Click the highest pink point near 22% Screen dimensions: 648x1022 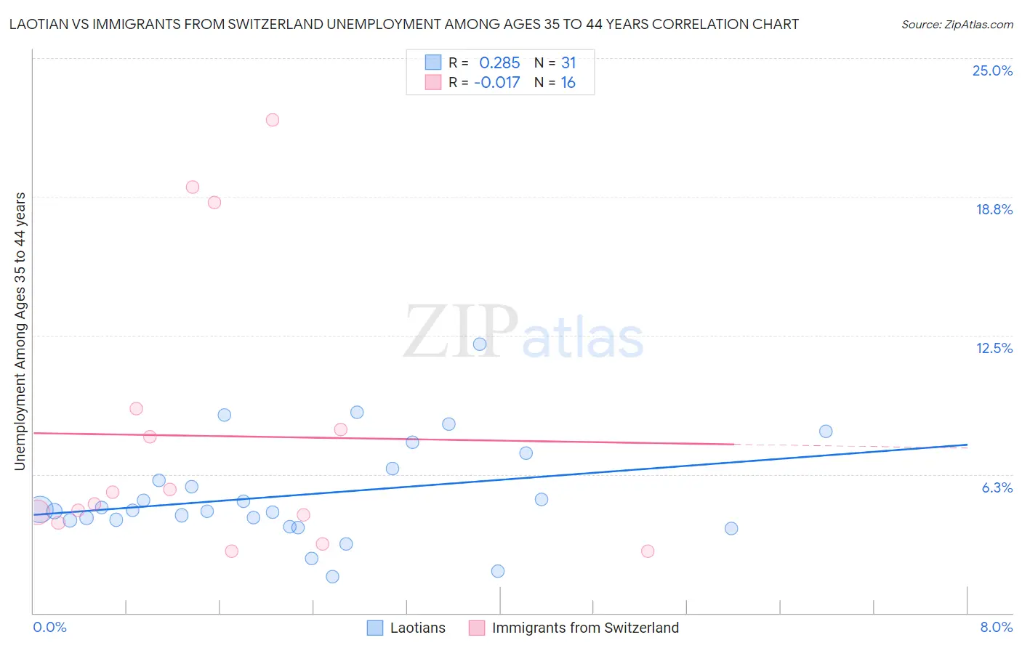[x=273, y=120]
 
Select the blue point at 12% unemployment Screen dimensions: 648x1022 [x=480, y=344]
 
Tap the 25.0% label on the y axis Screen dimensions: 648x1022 [x=992, y=70]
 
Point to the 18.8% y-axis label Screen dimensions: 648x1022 [x=994, y=209]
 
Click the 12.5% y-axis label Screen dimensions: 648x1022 [x=994, y=348]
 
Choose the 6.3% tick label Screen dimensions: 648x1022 [x=997, y=487]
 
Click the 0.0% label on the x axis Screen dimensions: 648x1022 [x=49, y=627]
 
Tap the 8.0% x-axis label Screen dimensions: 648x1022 [x=996, y=627]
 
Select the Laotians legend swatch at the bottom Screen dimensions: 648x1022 [x=375, y=628]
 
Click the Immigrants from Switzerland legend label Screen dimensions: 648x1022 [x=585, y=628]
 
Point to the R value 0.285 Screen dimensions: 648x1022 [x=499, y=62]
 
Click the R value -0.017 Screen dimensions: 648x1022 [x=497, y=82]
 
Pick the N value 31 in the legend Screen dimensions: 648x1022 [x=568, y=62]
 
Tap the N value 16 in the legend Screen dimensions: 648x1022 [x=568, y=82]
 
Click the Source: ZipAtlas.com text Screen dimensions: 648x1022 [x=957, y=24]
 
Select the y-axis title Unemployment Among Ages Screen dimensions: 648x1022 [x=20, y=331]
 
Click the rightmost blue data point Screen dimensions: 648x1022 [x=826, y=432]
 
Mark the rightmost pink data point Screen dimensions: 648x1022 [x=648, y=551]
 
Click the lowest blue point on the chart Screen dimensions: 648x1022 [x=332, y=577]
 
